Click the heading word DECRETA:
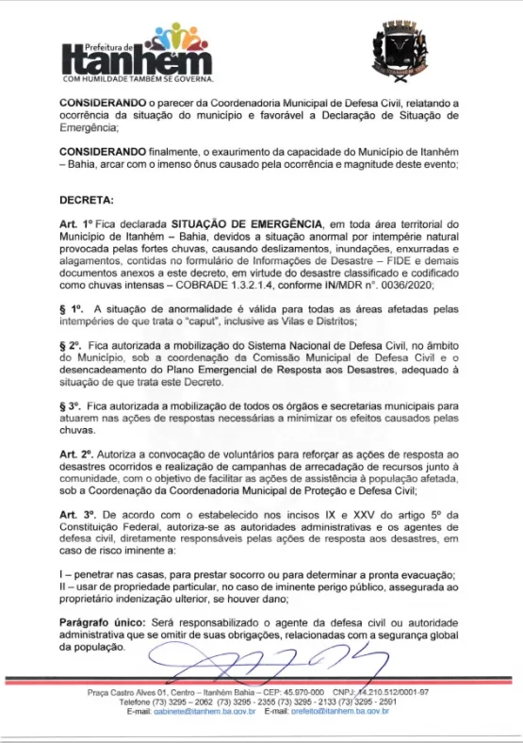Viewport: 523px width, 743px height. click(x=88, y=201)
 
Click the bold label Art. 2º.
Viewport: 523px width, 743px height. click(x=77, y=455)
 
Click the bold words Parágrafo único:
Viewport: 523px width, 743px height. click(x=102, y=623)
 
